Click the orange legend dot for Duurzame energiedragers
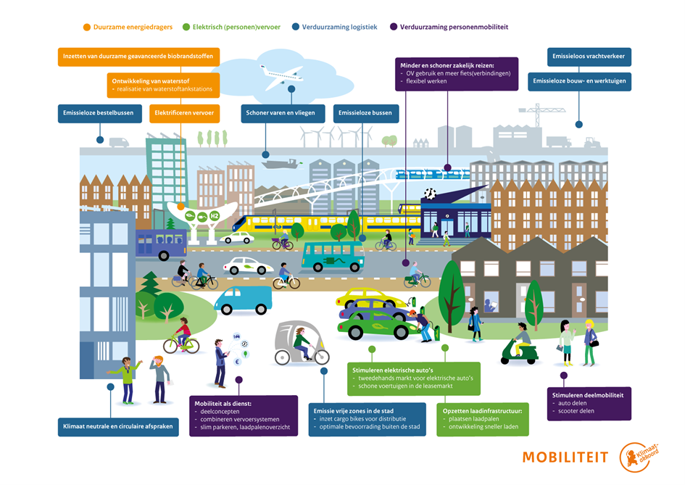click(87, 27)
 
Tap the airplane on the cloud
click(282, 74)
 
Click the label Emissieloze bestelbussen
click(99, 113)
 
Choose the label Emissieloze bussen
click(365, 113)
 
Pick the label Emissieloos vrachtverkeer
click(589, 57)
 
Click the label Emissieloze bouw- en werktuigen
click(579, 81)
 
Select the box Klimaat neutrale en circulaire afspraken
click(118, 426)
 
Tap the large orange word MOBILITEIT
click(566, 457)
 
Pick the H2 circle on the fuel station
click(214, 215)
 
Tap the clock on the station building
click(431, 194)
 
